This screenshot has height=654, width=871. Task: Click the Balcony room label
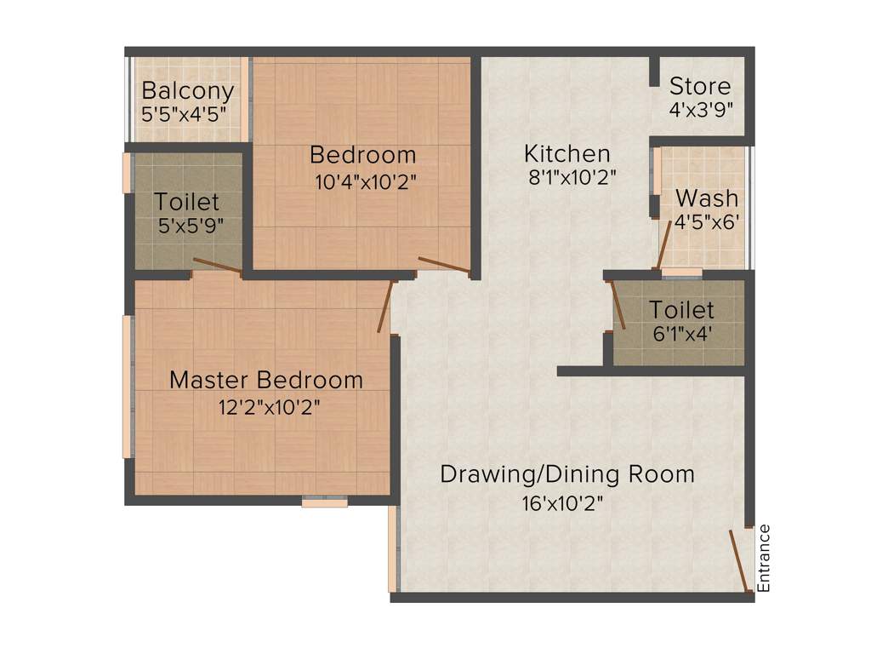(187, 90)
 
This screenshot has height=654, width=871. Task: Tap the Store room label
(699, 86)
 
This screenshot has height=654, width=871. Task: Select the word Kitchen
(566, 154)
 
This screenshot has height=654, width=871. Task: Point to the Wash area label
(706, 198)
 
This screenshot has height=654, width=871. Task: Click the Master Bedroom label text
(265, 380)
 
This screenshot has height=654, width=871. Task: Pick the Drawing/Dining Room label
(566, 474)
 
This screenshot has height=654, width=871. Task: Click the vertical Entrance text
(763, 559)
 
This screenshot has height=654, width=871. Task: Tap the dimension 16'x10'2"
(562, 503)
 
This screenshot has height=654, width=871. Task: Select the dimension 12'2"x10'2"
(269, 408)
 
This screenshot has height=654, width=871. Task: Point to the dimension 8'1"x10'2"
(569, 178)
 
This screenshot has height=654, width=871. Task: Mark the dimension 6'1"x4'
(681, 334)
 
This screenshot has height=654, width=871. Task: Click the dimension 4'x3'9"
(701, 109)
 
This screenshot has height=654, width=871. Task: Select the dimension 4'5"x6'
(706, 221)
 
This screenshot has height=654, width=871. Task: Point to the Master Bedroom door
(385, 306)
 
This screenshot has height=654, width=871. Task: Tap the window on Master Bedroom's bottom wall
(325, 503)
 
